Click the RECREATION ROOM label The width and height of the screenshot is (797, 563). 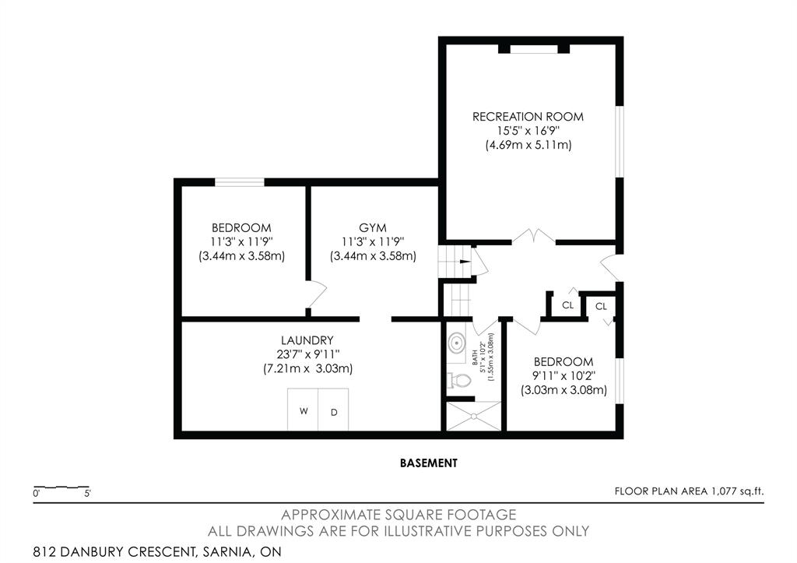click(528, 117)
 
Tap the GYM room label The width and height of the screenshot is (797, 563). click(373, 228)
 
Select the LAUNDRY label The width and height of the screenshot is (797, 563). click(307, 340)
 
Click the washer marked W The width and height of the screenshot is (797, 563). click(303, 410)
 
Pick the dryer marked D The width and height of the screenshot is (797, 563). click(333, 410)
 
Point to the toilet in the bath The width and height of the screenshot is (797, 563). click(458, 380)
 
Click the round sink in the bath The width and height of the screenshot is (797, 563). click(456, 343)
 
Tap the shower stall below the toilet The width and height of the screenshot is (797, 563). click(473, 416)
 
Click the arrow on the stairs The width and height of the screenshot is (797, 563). click(465, 262)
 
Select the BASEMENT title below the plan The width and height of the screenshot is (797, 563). click(429, 463)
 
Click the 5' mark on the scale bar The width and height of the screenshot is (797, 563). click(87, 494)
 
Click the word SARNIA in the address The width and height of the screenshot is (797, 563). click(226, 552)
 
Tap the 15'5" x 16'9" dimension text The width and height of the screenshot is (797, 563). click(528, 131)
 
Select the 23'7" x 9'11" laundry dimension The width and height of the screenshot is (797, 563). click(307, 354)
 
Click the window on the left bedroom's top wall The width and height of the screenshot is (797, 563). click(240, 182)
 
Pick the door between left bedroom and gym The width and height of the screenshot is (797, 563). click(316, 294)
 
